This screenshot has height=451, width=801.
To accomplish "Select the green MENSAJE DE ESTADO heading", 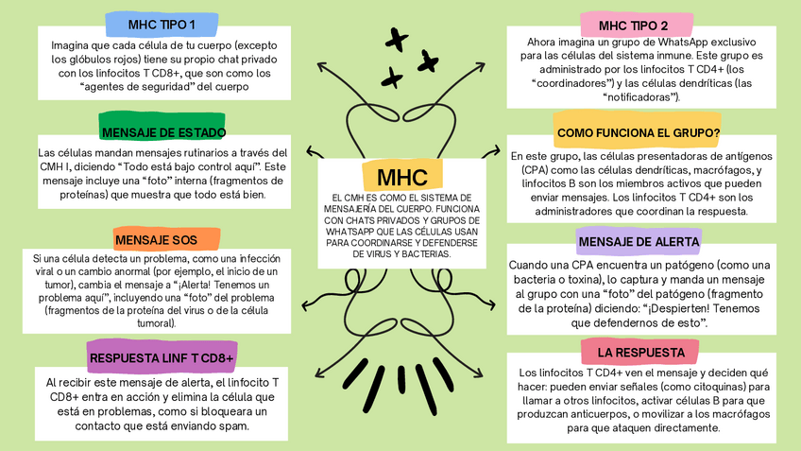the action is click(x=162, y=132).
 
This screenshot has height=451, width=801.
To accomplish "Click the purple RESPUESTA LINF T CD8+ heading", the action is click(x=162, y=357).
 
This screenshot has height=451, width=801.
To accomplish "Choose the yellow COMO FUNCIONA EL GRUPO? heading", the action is click(x=639, y=132).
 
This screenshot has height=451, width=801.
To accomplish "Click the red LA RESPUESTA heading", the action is click(x=640, y=353).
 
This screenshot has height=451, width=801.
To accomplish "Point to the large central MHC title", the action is click(x=400, y=177).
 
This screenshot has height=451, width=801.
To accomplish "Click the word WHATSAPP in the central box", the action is click(x=347, y=231).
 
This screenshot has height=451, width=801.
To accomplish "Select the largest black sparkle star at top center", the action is click(x=396, y=40).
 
